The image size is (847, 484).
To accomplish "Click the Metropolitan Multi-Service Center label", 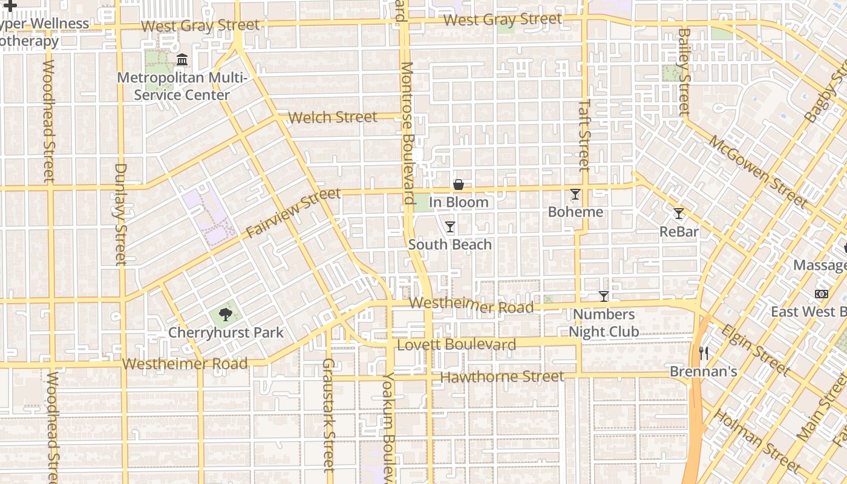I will pos(181,87).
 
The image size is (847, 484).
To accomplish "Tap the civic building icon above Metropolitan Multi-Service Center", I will pos(181,60).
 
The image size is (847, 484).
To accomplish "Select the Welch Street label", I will pos(333,117).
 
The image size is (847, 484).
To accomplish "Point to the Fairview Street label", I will pos(293,214).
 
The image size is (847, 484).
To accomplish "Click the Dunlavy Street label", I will pos(121,214).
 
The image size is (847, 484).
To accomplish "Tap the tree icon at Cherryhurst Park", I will pos(226,315).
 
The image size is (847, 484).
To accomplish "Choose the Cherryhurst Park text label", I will pos(226,333).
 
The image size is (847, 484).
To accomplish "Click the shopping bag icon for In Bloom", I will pos(459,184).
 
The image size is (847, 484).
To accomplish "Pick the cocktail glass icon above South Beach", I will pos(450,227).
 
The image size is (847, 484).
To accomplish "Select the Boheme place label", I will pos(575,212).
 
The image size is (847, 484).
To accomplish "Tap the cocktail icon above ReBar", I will pos(679,214).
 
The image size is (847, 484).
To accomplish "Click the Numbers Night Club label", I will pos(603,323).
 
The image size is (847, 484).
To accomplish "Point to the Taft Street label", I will pos(584,134).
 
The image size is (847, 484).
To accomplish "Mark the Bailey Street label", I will pos(684,71).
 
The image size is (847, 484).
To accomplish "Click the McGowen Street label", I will pos(757,171).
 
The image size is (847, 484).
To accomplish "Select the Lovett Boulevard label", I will pos(457,345).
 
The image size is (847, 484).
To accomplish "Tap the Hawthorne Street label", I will pos(502,377).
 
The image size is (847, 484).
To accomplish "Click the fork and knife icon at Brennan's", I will pos(703,353).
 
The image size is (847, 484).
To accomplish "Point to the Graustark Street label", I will pos(329,414).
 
